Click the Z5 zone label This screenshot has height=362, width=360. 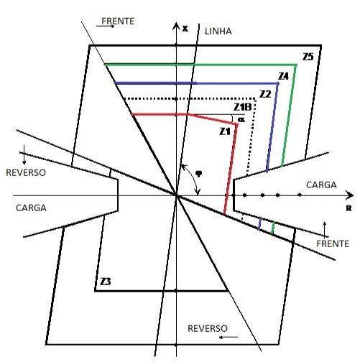pos(308,57)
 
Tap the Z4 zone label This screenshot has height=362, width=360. pos(283,76)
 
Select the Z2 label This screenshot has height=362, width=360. pos(265,94)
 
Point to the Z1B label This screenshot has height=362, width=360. pos(243,107)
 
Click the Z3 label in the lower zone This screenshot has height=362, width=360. pos(106,282)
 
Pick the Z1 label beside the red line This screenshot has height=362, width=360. pos(225,131)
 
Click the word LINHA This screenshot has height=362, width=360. pos(218,32)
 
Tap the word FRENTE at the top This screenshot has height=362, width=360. pos(118,21)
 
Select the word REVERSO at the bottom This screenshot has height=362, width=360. pos(208,328)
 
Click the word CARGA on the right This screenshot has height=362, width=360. pos(321,185)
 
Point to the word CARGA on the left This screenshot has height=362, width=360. pos(31,208)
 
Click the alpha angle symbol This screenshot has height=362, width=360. pos(241,119)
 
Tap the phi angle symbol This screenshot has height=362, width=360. pos(198,173)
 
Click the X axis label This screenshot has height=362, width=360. pos(185,29)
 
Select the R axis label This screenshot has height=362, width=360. pos(349,208)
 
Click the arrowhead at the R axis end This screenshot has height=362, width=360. pos(350,195)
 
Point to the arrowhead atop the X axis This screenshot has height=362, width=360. pos(176,25)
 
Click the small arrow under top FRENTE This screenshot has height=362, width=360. pos(105,26)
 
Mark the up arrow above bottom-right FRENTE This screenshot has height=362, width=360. pos(325,229)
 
